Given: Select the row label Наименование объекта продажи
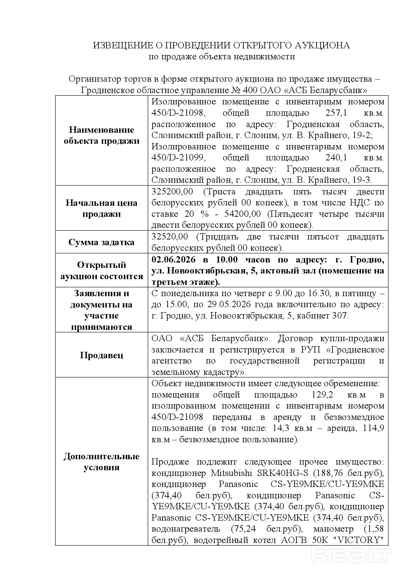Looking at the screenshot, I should pos(101,135).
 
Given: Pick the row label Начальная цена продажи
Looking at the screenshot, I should pos(101,208).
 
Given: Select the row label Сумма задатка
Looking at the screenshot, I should pos(101,242).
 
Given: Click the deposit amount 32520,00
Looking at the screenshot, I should pos(170,237).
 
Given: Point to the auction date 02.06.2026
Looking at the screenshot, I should pos(174,259).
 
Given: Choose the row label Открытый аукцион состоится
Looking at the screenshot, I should pos(101,270).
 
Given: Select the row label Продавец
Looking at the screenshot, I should pos(101,355).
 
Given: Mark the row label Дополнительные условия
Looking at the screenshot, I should pos(101,462).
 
